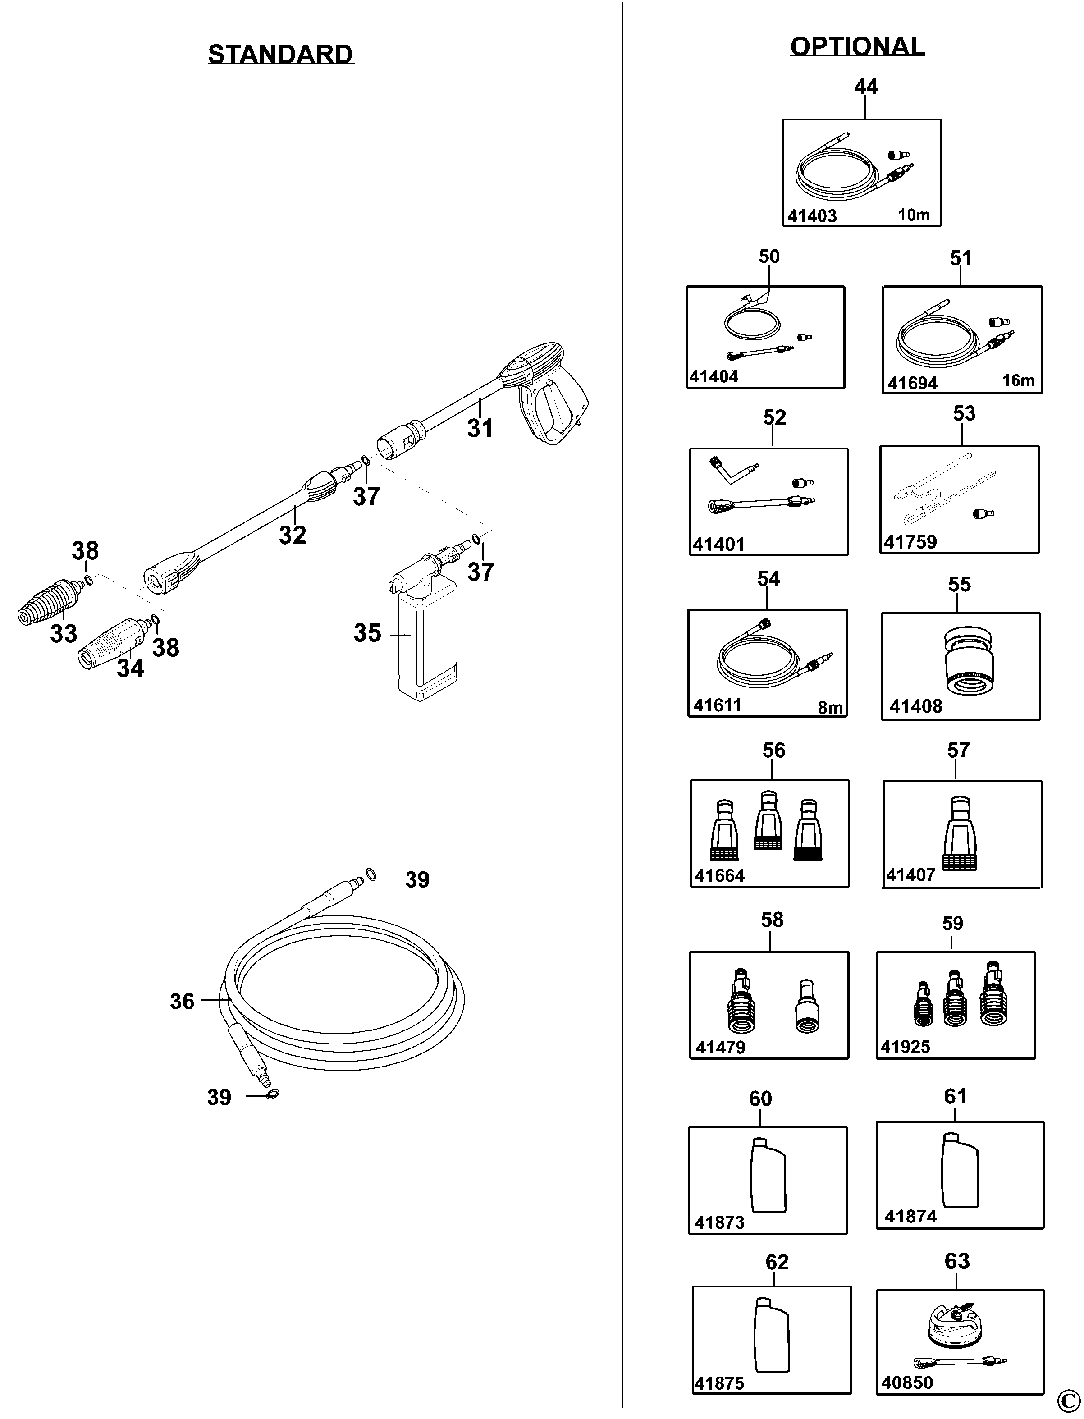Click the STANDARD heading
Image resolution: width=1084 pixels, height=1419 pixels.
coord(281,54)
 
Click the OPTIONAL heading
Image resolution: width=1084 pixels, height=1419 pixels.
coord(858,46)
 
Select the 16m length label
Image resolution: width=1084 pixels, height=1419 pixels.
coord(1018,381)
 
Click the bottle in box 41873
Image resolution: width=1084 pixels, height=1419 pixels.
coord(768,1176)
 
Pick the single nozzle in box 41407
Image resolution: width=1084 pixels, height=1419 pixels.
coord(960,833)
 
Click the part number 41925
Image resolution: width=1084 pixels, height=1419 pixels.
coord(906,1047)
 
